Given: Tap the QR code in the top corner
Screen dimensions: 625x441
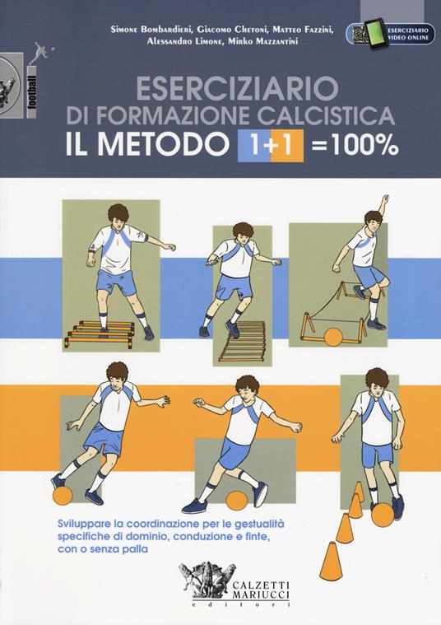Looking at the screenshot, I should point(357,34).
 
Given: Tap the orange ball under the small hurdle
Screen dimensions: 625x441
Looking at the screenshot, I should point(334,337).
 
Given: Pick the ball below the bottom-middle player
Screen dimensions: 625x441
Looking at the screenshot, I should point(227,501).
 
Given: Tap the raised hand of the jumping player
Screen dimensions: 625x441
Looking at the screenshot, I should point(383,199).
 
